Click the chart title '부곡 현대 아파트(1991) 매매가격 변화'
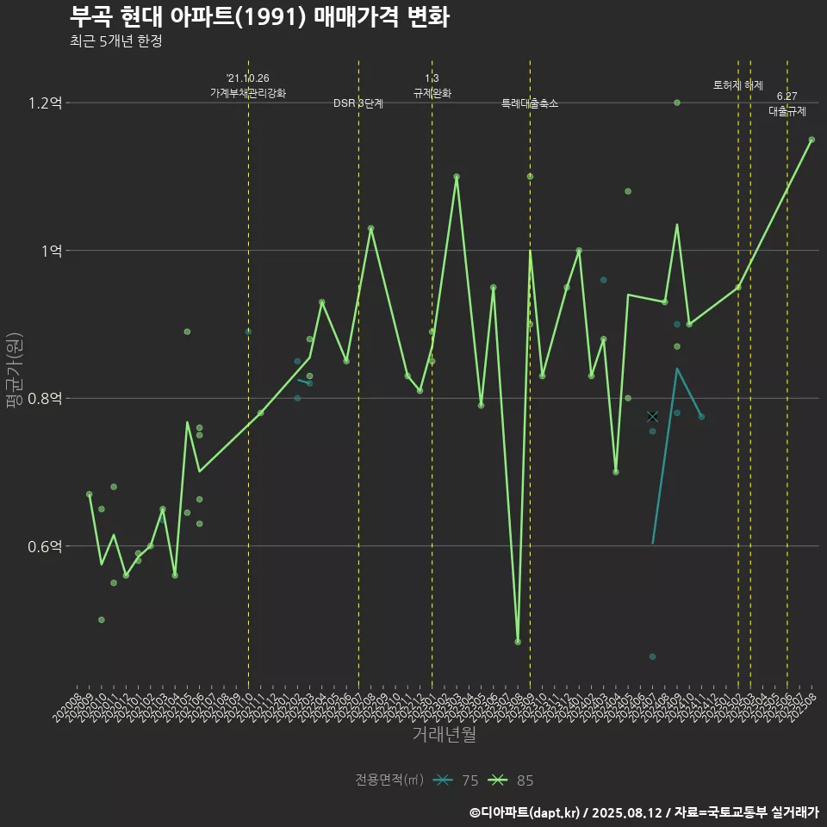(x=258, y=17)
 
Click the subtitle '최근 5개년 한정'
(x=115, y=41)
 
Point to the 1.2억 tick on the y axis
(x=45, y=103)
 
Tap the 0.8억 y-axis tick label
(x=45, y=399)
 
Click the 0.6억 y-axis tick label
(x=45, y=546)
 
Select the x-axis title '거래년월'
(x=444, y=734)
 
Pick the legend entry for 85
(x=511, y=780)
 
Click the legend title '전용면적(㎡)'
(x=389, y=780)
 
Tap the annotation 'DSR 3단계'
(x=358, y=103)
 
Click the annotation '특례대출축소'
(x=530, y=103)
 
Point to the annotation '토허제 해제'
(x=738, y=85)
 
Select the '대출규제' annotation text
(x=787, y=111)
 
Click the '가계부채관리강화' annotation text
(x=248, y=92)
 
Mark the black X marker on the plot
(x=652, y=417)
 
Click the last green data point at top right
(x=811, y=140)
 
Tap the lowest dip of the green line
(x=518, y=642)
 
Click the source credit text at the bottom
(x=644, y=811)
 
